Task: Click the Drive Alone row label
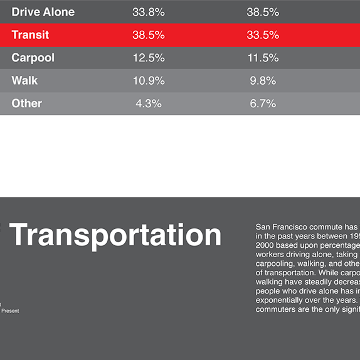click(43, 12)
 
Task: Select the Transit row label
click(30, 35)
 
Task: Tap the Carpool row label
click(33, 58)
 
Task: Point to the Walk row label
click(24, 80)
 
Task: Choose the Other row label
click(26, 103)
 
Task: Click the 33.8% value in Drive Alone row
click(149, 12)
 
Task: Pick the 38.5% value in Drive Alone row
click(263, 12)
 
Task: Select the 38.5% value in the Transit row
click(149, 35)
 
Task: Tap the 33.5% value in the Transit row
click(263, 35)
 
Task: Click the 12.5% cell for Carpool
click(149, 58)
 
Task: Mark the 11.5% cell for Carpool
click(263, 58)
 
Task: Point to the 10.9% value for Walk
click(149, 80)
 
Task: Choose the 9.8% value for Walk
click(263, 80)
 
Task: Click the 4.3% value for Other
click(149, 103)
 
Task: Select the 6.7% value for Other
click(263, 103)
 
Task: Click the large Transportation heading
click(116, 235)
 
